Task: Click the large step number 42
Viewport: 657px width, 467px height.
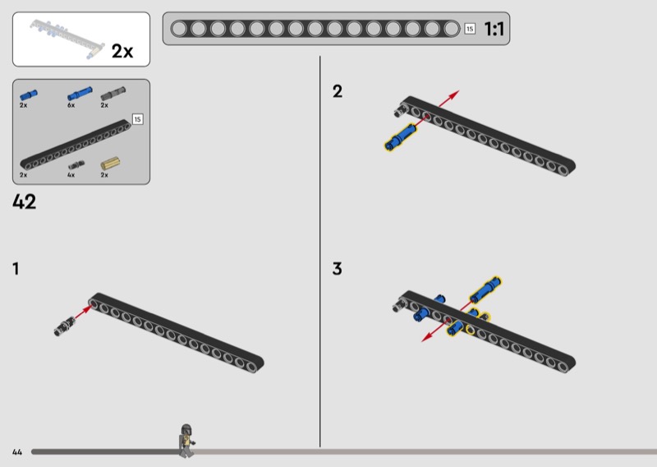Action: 25,201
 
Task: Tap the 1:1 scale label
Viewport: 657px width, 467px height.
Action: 494,29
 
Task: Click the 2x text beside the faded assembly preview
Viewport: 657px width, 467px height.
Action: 122,51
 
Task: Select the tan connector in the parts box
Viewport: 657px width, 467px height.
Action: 110,164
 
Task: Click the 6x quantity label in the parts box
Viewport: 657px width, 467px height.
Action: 71,105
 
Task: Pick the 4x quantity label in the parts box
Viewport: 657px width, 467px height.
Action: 71,174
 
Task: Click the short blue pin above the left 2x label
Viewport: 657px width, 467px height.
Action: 29,95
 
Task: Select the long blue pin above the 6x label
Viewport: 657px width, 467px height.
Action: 80,94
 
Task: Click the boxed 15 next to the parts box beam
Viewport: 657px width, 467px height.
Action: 137,119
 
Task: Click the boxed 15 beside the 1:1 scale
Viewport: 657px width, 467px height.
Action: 470,29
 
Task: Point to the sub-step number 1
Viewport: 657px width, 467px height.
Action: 16,269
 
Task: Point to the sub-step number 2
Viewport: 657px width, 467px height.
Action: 338,91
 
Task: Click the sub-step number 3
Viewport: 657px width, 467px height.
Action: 338,269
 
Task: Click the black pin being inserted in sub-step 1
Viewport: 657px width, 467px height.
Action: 64,326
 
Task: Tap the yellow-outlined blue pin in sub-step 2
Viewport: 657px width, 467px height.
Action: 401,136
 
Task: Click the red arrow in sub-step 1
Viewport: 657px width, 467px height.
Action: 83,312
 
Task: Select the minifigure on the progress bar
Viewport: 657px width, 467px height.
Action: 187,441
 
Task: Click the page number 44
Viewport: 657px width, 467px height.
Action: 17,452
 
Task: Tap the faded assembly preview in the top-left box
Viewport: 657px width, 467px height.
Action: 67,39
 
